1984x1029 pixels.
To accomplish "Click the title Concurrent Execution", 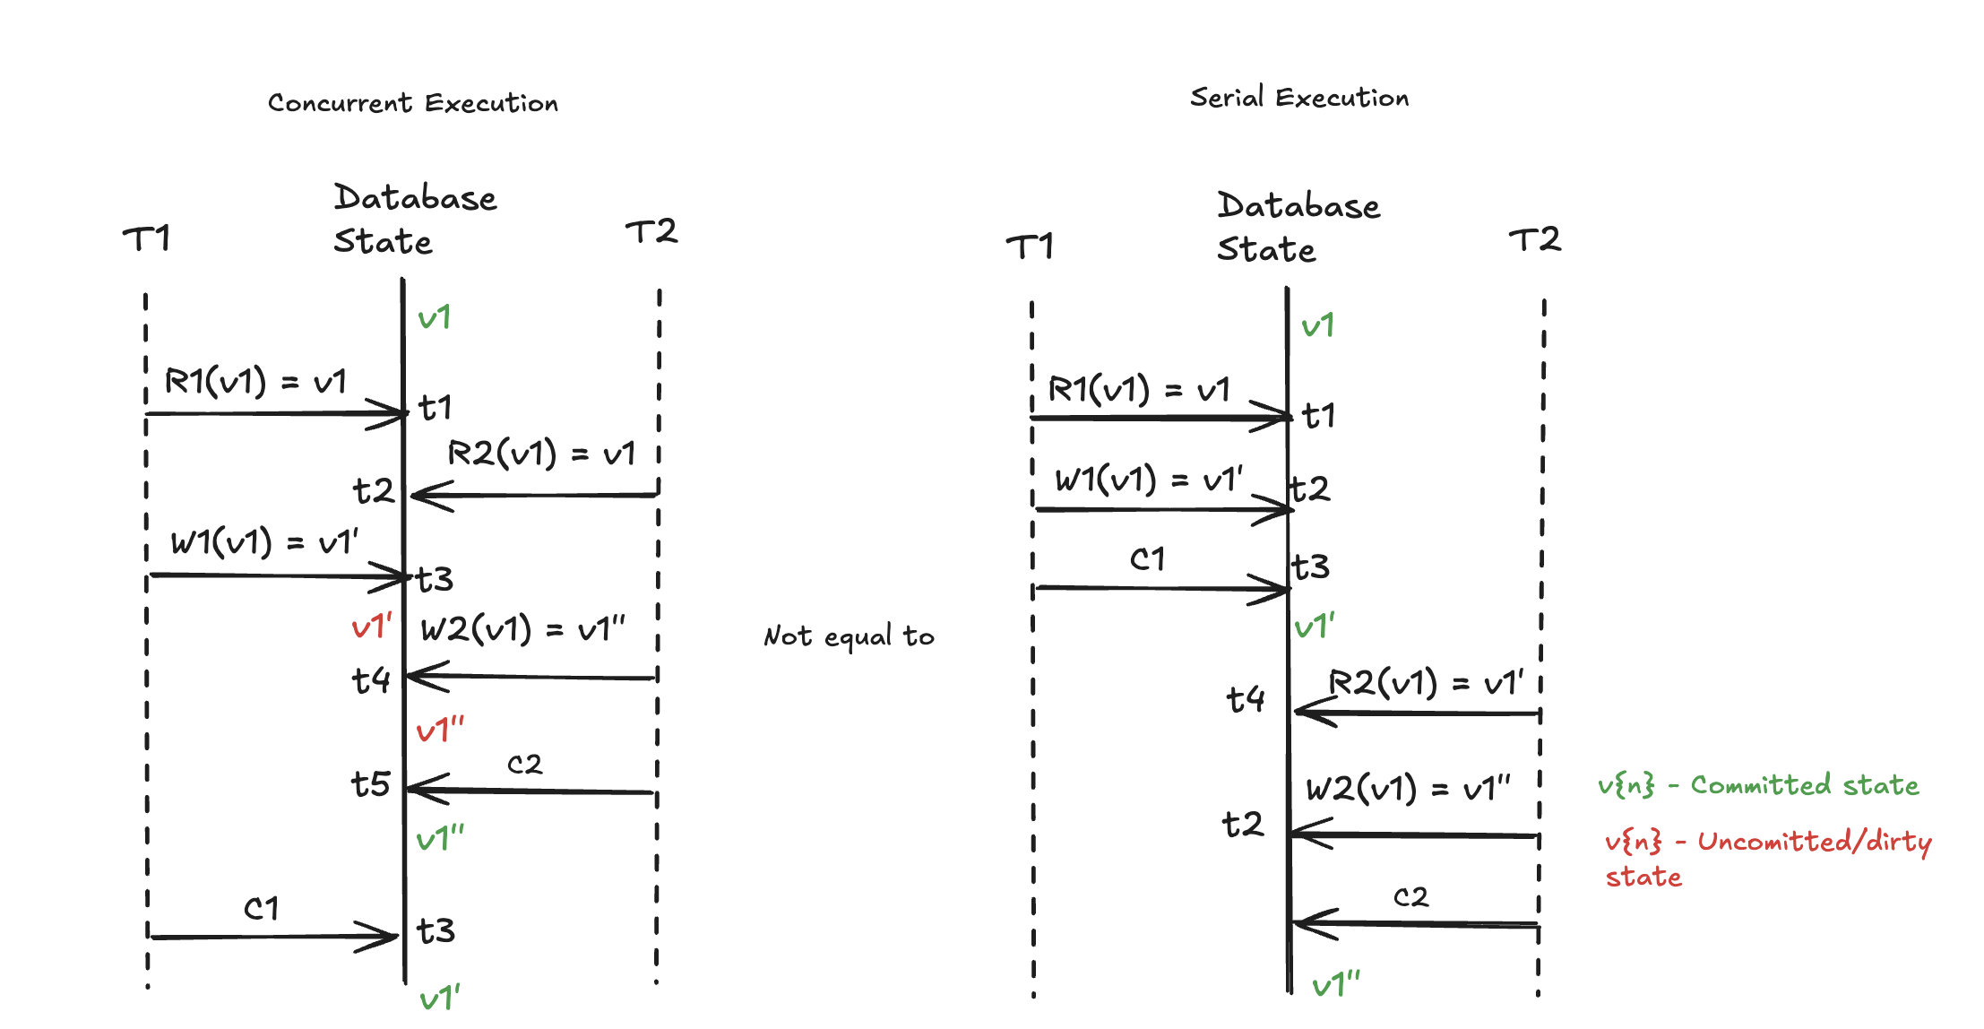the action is pyautogui.click(x=413, y=103).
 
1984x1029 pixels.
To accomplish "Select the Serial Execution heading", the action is pyautogui.click(x=1299, y=97).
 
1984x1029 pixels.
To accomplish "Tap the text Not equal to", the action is pyautogui.click(x=849, y=636).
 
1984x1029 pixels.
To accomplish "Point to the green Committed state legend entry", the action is pyautogui.click(x=1758, y=785).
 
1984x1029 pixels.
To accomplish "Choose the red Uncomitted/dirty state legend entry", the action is pyautogui.click(x=1768, y=858).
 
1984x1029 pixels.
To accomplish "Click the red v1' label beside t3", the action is pyautogui.click(x=372, y=627).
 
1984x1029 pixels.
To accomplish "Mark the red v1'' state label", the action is pyautogui.click(x=441, y=731).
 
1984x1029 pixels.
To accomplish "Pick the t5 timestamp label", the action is pyautogui.click(x=371, y=784).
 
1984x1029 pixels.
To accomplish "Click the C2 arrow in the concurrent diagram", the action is pyautogui.click(x=531, y=791).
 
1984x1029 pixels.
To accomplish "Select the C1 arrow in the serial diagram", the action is pyautogui.click(x=1162, y=589).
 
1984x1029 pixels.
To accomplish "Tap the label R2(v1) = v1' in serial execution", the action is pyautogui.click(x=1426, y=683).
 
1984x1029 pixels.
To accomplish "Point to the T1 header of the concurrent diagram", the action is pyautogui.click(x=146, y=239).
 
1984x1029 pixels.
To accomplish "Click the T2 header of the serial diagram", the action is pyautogui.click(x=1535, y=239).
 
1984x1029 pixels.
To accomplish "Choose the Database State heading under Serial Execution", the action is pyautogui.click(x=1298, y=227).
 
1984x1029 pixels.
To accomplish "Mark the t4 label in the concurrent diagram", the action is pyautogui.click(x=371, y=680).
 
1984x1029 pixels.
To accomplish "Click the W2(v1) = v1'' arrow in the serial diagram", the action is pyautogui.click(x=1415, y=835).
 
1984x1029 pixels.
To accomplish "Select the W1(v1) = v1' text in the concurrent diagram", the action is pyautogui.click(x=264, y=542).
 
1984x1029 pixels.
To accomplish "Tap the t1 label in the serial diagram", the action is pyautogui.click(x=1318, y=416).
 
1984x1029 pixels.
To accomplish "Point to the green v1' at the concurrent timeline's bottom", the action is pyautogui.click(x=440, y=998).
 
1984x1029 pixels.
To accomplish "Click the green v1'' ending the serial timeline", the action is pyautogui.click(x=1336, y=984).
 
